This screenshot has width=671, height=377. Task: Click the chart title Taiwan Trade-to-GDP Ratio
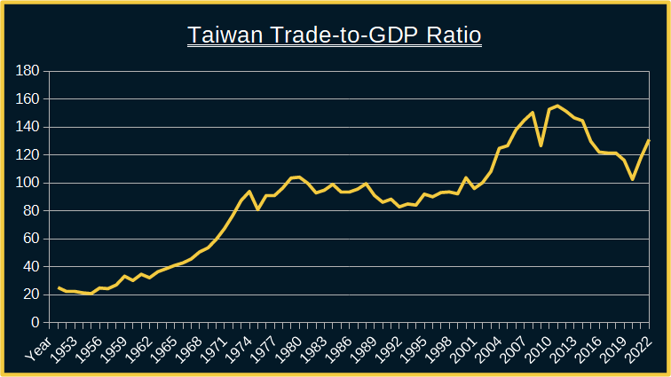tap(335, 35)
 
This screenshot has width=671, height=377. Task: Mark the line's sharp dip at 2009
tap(541, 145)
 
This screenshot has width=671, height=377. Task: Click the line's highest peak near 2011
tap(557, 106)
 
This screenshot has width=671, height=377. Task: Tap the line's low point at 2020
tap(632, 179)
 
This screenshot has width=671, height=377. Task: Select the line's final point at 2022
tap(649, 140)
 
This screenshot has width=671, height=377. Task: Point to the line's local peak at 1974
tap(249, 192)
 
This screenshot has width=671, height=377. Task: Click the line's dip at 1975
tap(257, 209)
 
